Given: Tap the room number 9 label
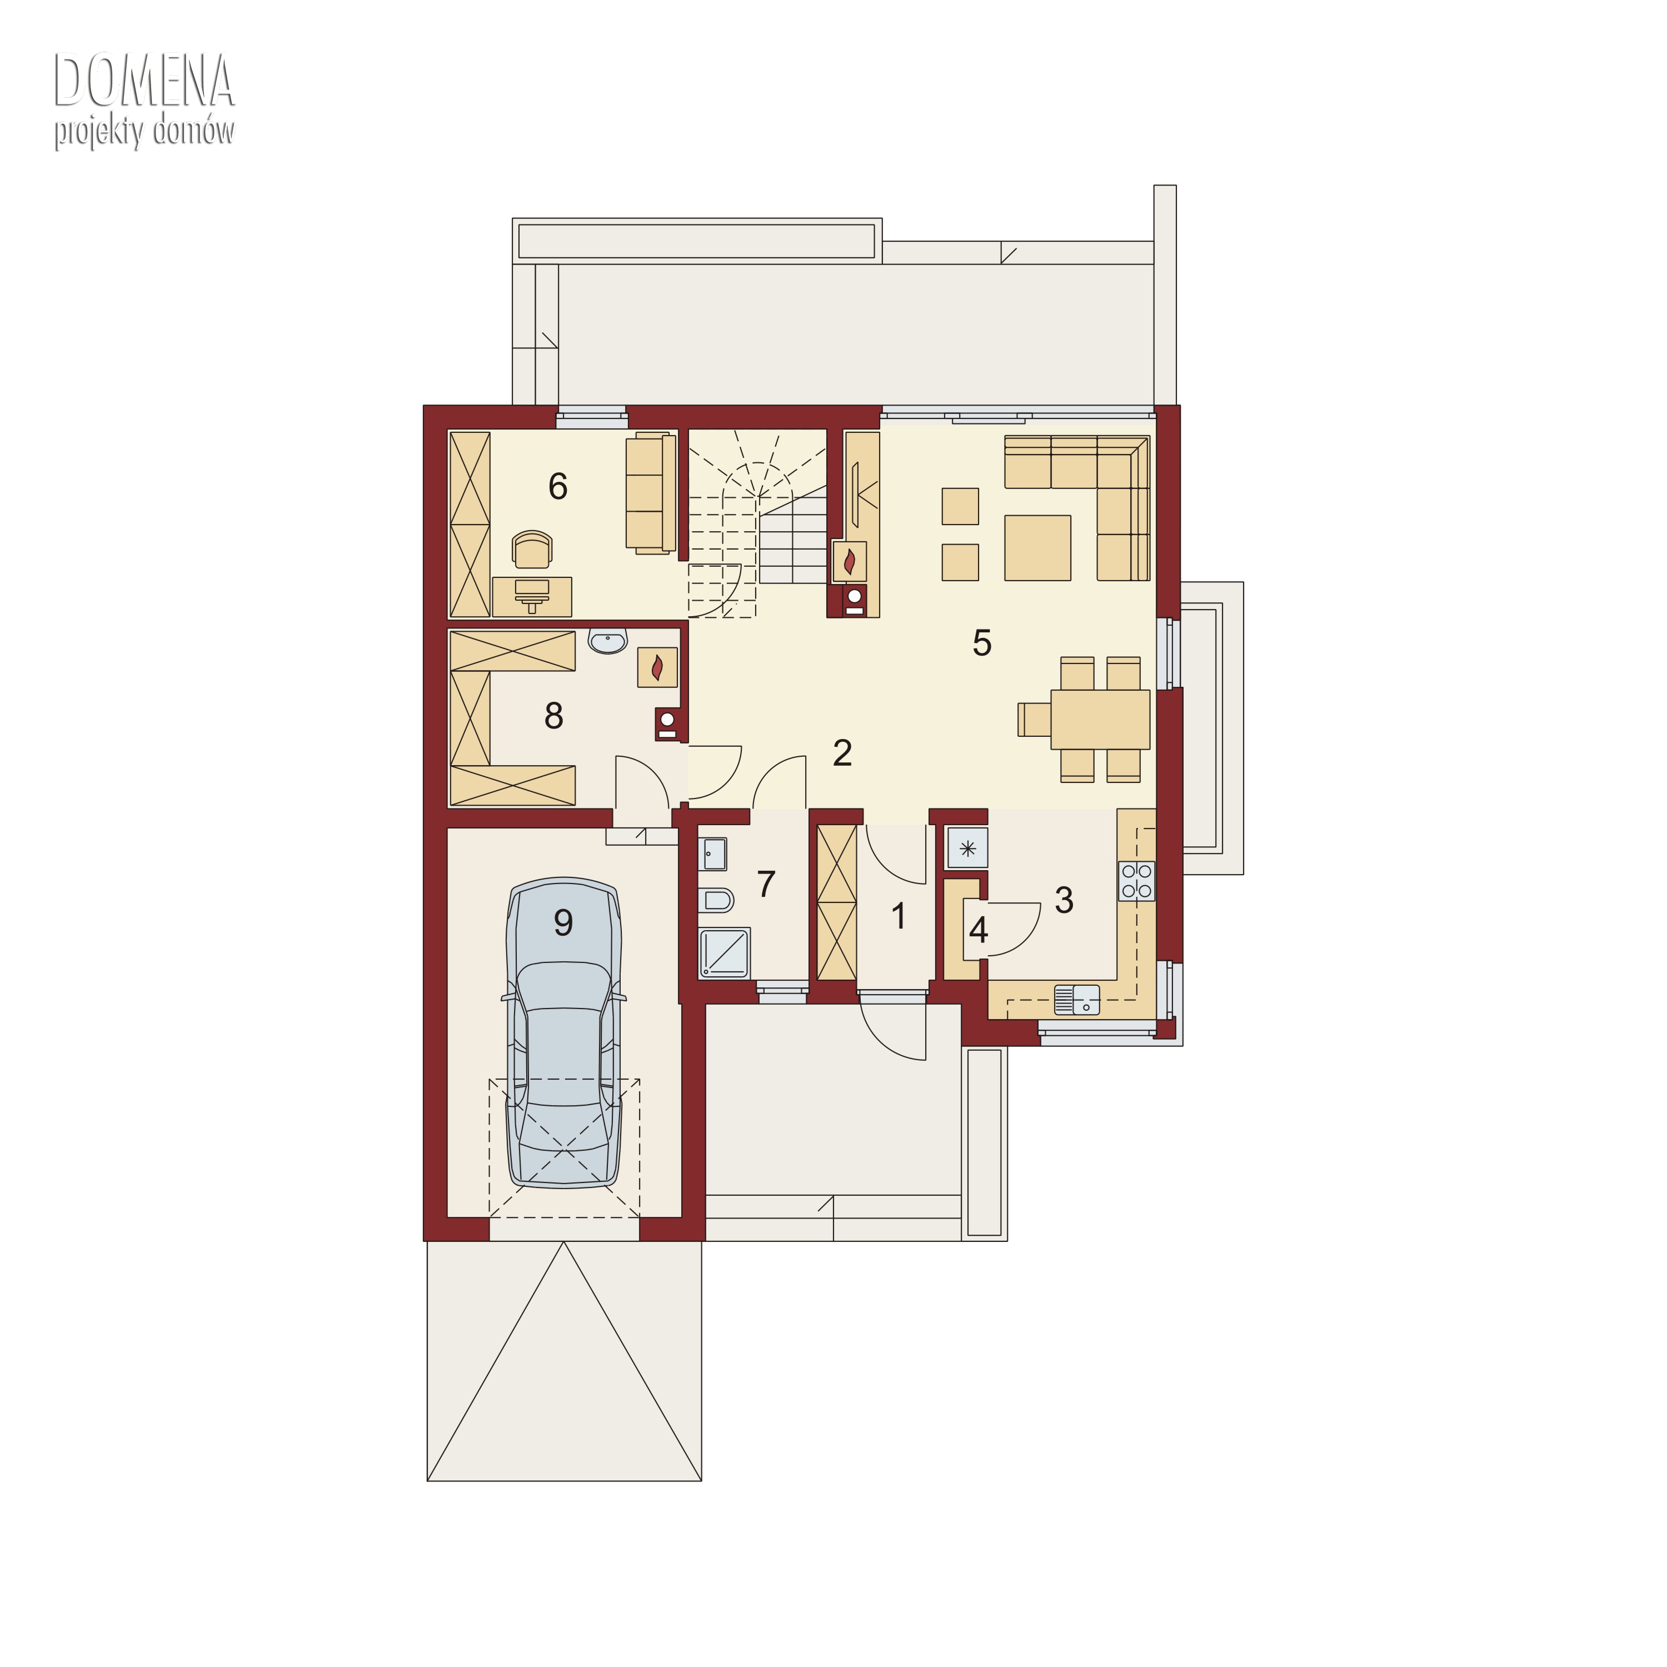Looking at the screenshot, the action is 563,923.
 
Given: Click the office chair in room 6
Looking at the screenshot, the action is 532,549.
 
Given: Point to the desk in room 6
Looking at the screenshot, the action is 532,596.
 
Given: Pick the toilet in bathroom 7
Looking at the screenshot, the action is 716,900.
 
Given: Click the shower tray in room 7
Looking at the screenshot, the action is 724,952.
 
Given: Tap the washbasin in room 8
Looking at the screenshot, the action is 608,641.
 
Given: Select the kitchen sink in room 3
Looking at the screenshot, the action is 1077,999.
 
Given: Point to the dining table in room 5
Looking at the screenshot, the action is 1100,718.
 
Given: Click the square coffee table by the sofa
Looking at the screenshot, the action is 1037,548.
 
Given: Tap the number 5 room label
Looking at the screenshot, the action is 982,643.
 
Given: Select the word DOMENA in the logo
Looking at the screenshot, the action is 144,80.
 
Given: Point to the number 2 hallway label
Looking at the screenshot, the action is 843,753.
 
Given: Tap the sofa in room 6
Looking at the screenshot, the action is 651,493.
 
